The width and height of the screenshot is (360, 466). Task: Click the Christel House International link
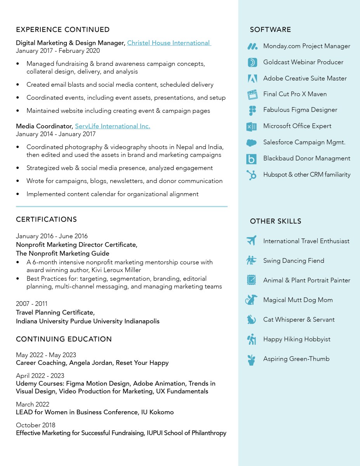pyautogui.click(x=169, y=43)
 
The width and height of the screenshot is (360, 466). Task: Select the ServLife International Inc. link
pyautogui.click(x=112, y=126)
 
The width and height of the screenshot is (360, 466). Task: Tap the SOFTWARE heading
pyautogui.click(x=270, y=30)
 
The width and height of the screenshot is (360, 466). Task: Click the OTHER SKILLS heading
pyautogui.click(x=275, y=221)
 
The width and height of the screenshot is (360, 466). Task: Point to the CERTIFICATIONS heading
pyautogui.click(x=46, y=220)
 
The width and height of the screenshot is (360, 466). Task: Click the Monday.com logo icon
pyautogui.click(x=252, y=46)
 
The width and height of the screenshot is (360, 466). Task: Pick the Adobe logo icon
pyautogui.click(x=252, y=79)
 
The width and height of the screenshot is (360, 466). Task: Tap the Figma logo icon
pyautogui.click(x=252, y=110)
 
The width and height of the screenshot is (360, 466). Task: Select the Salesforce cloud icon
pyautogui.click(x=252, y=143)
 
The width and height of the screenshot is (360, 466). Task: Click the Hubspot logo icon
pyautogui.click(x=252, y=175)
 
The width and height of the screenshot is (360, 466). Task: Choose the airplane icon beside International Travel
pyautogui.click(x=252, y=241)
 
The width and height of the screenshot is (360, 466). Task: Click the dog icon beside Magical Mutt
pyautogui.click(x=252, y=300)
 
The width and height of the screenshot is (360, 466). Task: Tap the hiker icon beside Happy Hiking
pyautogui.click(x=252, y=339)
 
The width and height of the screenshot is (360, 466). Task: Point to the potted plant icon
pyautogui.click(x=252, y=360)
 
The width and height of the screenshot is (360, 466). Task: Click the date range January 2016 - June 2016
pyautogui.click(x=52, y=236)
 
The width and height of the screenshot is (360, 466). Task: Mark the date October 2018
pyautogui.click(x=35, y=425)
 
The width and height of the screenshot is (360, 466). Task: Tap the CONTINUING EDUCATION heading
pyautogui.click(x=64, y=339)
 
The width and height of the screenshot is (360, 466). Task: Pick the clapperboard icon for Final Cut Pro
pyautogui.click(x=252, y=94)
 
